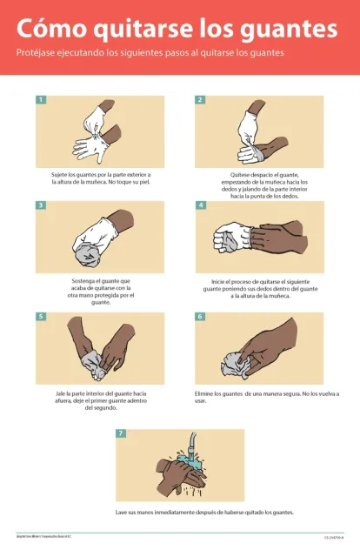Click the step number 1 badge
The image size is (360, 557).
coord(41,99)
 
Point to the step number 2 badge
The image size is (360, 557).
coord(200,99)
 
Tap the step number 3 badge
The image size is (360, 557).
coord(41,205)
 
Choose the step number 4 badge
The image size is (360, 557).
coord(200,205)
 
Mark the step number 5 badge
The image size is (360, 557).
coord(41,317)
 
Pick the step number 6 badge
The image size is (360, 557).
coord(200,317)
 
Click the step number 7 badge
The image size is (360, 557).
coord(121,433)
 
